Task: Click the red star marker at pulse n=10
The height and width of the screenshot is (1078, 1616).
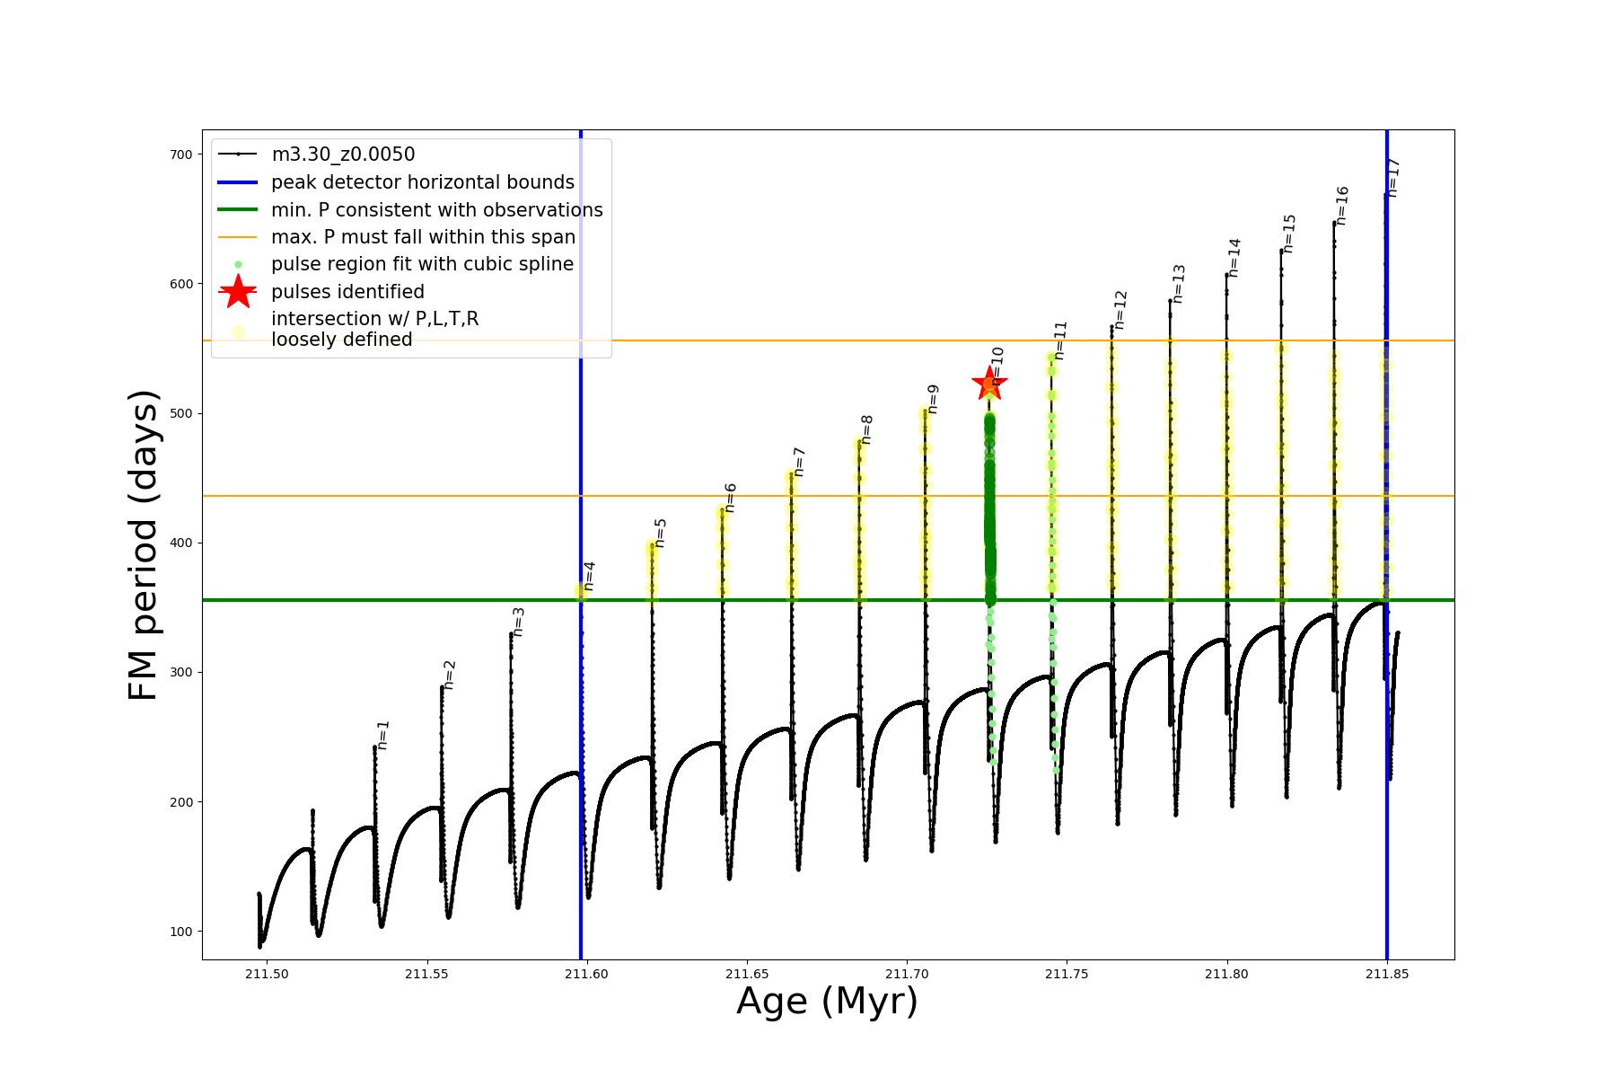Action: tap(989, 384)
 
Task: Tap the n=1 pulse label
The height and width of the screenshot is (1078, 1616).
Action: tap(383, 735)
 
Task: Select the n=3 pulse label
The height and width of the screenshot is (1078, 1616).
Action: tap(519, 622)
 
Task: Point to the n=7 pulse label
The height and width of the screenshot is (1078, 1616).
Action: tap(799, 462)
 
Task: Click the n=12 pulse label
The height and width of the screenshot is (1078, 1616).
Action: tap(1120, 310)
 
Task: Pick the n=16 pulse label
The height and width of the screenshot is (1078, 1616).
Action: tap(1342, 206)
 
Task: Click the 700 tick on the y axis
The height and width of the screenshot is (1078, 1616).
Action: tap(180, 155)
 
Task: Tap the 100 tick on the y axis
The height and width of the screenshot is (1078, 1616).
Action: tap(180, 932)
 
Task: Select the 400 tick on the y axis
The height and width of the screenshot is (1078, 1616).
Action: tap(180, 543)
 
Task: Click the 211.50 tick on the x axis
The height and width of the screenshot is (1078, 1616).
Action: tap(266, 974)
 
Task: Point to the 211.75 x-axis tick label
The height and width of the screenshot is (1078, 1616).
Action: tap(1067, 974)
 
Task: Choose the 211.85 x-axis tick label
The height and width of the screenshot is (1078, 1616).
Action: tap(1387, 974)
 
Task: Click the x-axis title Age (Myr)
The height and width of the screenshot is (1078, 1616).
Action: tap(827, 1002)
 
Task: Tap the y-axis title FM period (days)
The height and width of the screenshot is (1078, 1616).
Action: tap(144, 544)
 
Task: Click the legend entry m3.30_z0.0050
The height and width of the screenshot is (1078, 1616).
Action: tap(343, 155)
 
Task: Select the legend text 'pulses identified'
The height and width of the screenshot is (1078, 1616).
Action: tap(347, 292)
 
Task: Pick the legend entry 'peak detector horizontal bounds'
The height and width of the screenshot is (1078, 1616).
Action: tap(422, 182)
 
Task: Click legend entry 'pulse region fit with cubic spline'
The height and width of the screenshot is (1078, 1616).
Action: tap(422, 264)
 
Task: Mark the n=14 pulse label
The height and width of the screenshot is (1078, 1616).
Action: tap(1234, 258)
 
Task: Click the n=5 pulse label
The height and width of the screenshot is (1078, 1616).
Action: tap(661, 533)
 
